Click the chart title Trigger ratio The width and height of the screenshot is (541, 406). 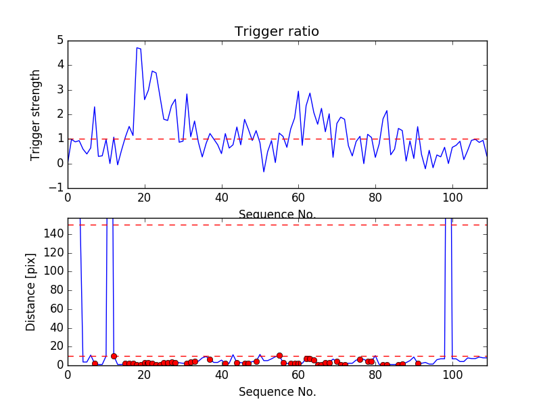277,32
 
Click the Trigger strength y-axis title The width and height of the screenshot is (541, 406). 36,114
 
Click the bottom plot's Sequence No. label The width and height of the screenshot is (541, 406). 277,392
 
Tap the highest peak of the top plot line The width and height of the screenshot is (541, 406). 137,47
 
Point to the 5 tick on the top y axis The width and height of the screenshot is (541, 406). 60,41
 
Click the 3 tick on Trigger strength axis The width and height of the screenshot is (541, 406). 60,90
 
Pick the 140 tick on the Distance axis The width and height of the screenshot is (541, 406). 53,234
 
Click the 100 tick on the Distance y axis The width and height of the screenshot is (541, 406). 53,271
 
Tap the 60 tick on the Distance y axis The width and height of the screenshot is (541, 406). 56,309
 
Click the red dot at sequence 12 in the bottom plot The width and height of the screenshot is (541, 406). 114,356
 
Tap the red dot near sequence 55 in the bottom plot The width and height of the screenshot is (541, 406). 279,355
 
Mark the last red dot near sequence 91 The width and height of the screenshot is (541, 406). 418,363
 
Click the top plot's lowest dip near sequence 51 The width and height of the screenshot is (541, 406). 264,172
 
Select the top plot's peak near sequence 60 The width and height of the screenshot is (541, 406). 298,91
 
